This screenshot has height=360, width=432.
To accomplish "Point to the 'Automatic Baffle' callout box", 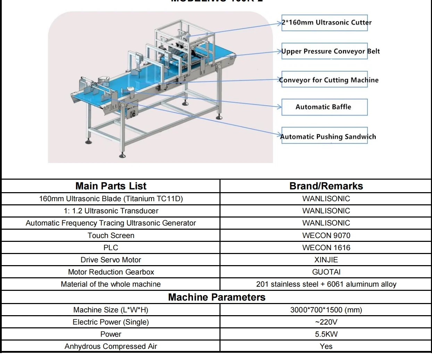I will click(324, 107).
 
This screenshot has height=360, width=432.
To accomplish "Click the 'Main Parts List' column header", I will click(111, 186).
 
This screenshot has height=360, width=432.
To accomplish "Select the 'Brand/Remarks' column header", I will click(326, 186).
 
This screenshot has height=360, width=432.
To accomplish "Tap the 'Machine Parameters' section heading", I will click(217, 297).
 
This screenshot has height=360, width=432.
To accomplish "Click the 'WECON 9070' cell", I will click(326, 235).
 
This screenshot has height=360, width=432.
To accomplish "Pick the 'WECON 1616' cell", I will click(326, 247).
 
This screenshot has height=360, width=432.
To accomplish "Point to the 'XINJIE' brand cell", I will click(326, 260).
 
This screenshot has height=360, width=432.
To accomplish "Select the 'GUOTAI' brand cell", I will click(326, 272).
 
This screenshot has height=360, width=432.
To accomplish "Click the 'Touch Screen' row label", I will click(111, 235).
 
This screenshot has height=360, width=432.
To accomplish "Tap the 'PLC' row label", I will click(111, 247).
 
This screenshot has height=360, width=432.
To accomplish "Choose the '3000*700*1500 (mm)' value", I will click(326, 310).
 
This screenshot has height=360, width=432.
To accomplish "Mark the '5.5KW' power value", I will click(326, 334).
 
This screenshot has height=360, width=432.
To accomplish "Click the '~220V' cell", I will click(326, 322).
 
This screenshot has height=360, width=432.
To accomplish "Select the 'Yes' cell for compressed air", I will click(326, 346).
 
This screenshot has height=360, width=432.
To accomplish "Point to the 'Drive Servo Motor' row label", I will click(111, 260).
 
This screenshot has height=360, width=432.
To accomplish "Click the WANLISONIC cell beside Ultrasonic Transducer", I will click(326, 211).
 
